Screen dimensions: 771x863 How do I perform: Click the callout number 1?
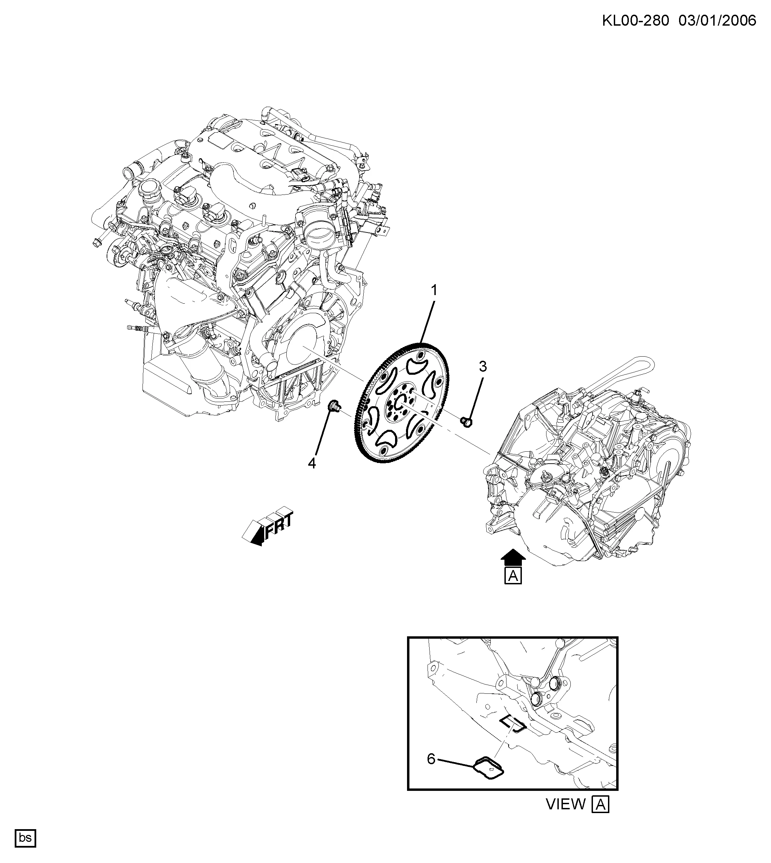tap(433, 290)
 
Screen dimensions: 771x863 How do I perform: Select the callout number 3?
tap(483, 367)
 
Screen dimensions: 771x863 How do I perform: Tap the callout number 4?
tap(312, 464)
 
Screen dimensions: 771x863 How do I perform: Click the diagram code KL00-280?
tap(635, 21)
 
